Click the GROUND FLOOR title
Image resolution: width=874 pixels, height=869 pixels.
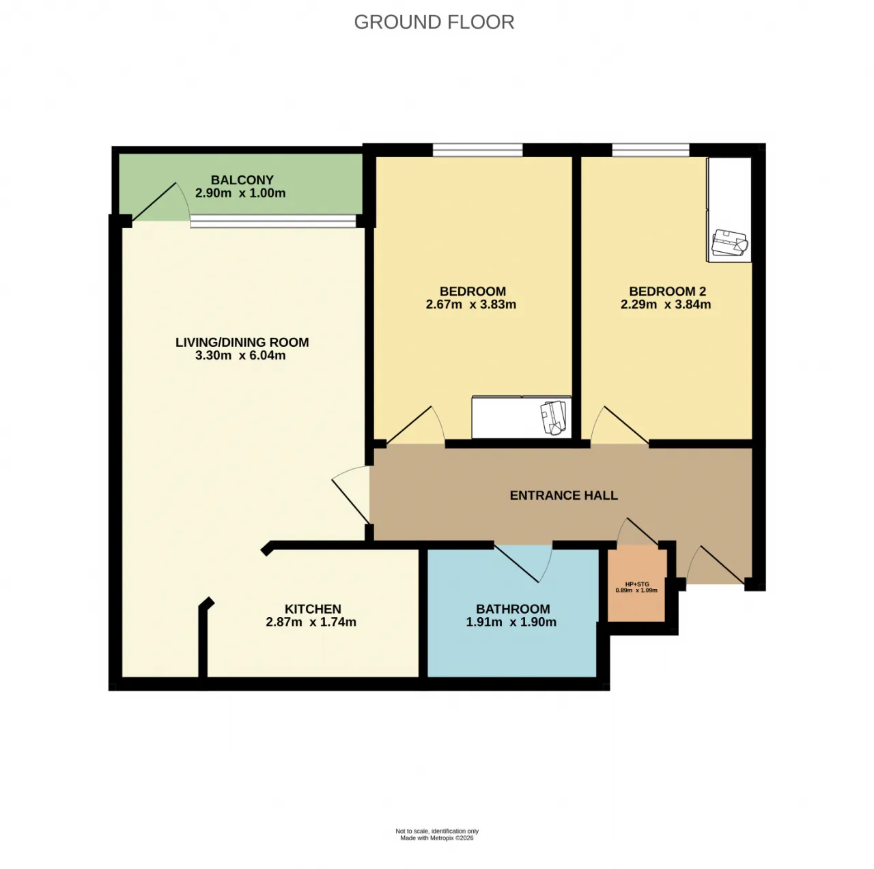point(434,23)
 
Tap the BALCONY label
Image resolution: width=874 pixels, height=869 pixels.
point(242,180)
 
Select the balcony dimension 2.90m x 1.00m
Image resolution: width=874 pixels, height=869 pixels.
point(240,193)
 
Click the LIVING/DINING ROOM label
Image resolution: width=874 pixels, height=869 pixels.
point(242,342)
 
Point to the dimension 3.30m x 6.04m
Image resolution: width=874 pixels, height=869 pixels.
point(240,356)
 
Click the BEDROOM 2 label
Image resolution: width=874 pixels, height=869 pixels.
point(667,291)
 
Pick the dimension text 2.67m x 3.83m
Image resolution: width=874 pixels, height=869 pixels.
point(470,305)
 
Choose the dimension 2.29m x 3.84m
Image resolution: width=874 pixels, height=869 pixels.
point(665,305)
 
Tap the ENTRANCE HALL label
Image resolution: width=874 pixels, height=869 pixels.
point(563,496)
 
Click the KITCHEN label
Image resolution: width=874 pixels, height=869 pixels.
point(313,609)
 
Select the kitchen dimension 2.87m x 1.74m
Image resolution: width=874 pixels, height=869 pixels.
point(311,623)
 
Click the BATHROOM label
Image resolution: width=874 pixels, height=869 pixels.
point(513,609)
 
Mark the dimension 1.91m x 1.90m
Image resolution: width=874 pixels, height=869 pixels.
point(511,623)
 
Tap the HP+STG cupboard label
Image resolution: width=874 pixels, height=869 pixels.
point(636,584)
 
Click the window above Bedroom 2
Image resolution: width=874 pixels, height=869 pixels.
point(650,149)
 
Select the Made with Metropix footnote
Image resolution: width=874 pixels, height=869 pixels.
point(437,838)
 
